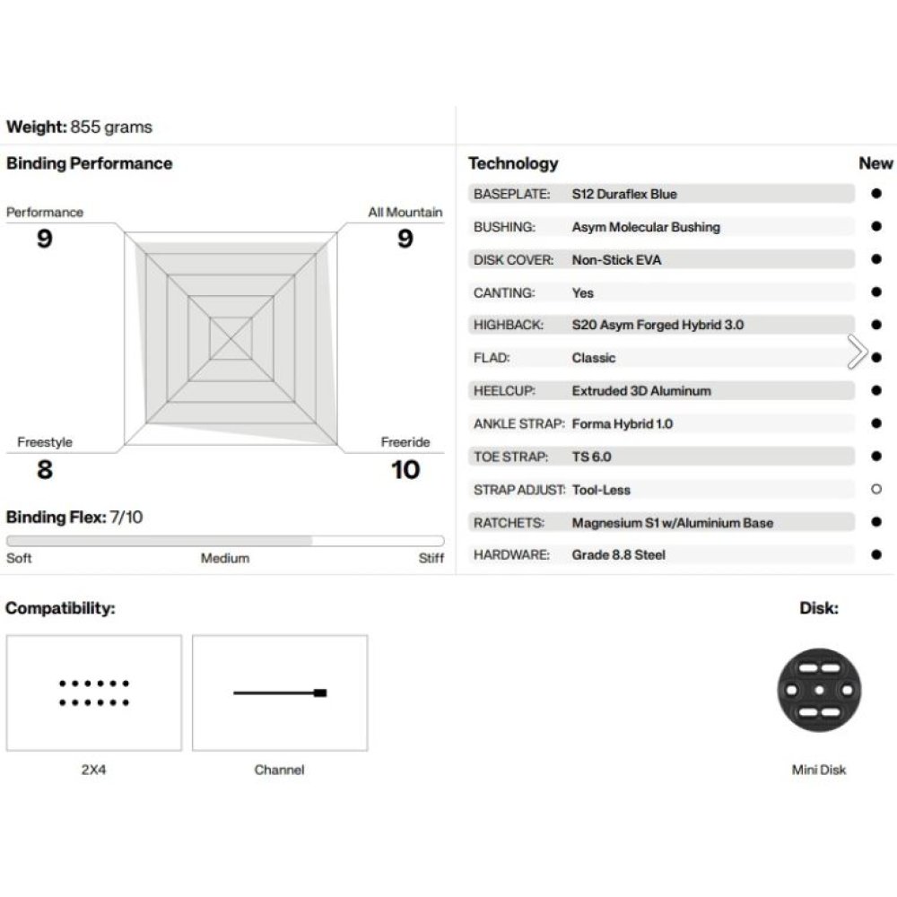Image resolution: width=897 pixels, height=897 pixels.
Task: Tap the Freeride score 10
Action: [405, 469]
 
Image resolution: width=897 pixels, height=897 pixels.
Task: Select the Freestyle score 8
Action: [44, 469]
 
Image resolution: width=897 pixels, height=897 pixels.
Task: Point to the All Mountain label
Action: [405, 213]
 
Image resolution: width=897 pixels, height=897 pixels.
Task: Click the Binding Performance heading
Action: [89, 163]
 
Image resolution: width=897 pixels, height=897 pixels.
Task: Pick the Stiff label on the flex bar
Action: [431, 558]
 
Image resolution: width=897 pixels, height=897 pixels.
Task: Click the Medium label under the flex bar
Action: [224, 558]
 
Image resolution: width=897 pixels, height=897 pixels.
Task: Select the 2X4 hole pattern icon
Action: [94, 692]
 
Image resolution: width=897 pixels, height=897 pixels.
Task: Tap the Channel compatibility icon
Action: [280, 692]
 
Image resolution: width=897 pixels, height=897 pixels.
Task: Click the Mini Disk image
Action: [819, 691]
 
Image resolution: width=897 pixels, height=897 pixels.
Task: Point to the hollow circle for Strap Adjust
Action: [876, 490]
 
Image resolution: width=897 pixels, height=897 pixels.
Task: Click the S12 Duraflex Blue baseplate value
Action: [624, 194]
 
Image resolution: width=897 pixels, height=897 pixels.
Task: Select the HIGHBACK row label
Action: [508, 325]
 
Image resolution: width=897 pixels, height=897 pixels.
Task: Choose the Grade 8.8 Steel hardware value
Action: [618, 555]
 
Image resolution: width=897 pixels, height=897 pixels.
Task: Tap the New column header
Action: [875, 163]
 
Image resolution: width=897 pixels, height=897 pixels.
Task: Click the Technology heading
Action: [512, 163]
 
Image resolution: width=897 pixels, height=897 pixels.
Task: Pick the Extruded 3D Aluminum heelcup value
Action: [640, 391]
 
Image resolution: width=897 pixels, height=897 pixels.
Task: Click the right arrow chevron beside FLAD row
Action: [857, 353]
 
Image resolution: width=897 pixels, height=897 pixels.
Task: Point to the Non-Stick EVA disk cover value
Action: [616, 260]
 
